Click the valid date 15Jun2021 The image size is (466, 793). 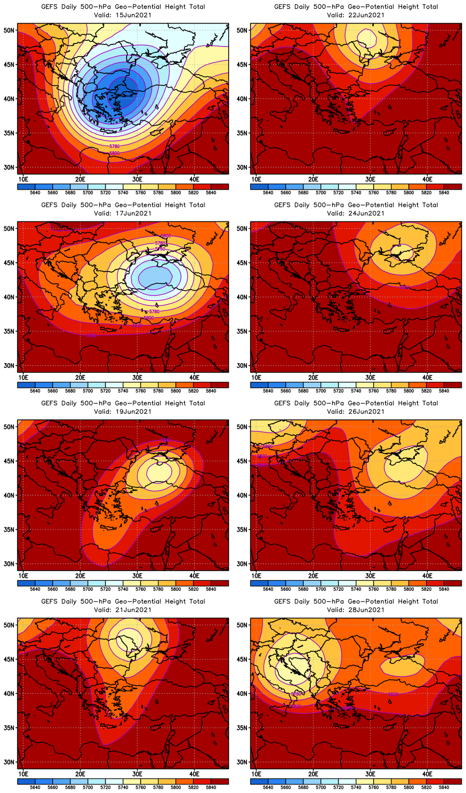(x=136, y=15)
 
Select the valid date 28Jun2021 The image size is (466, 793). (x=369, y=610)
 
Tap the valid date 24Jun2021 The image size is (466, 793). (x=369, y=213)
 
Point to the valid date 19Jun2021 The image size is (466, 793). (x=136, y=411)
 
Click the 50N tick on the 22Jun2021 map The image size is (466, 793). (x=242, y=30)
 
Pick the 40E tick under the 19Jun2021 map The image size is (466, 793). (x=194, y=575)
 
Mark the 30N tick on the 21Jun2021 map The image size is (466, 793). (x=9, y=762)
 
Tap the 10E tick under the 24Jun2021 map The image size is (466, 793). (x=256, y=377)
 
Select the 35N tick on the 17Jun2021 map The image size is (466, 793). (x=9, y=331)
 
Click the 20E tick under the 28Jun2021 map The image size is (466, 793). (x=313, y=774)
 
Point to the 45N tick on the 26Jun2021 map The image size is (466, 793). (x=242, y=461)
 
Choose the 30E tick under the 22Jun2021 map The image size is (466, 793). (x=370, y=179)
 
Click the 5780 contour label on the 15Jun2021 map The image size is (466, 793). (x=115, y=146)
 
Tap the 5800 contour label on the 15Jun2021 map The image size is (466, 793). (x=115, y=153)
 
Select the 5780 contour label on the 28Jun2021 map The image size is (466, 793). (x=296, y=694)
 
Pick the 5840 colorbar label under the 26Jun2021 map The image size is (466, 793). (x=444, y=589)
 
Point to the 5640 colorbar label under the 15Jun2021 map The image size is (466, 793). (x=35, y=192)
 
